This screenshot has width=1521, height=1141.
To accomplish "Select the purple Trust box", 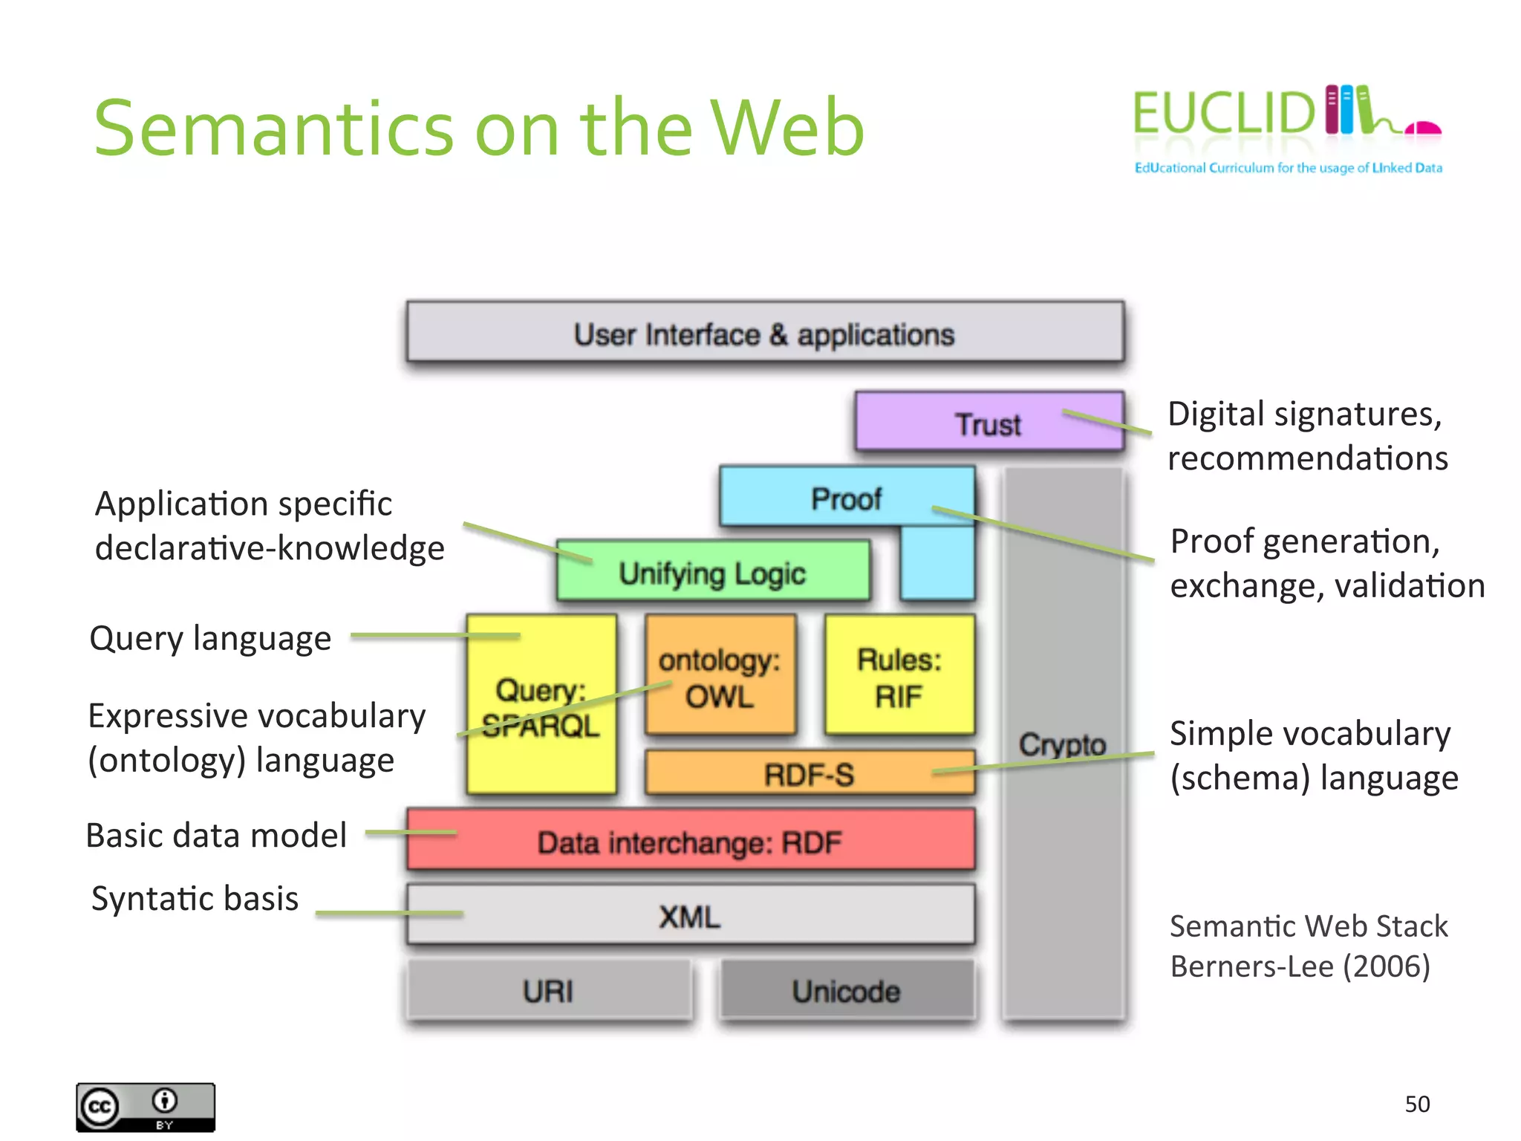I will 989,423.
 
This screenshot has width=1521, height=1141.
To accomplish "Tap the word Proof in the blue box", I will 846,498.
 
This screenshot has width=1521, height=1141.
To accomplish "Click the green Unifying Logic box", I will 713,572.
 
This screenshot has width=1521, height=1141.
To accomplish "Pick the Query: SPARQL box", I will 541,706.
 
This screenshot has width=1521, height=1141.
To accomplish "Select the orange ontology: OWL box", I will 720,677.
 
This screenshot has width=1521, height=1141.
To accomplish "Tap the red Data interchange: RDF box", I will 690,842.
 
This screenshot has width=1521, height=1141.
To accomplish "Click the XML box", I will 690,916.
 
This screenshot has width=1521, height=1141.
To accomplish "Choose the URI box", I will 549,991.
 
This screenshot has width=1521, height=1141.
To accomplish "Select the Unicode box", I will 846,991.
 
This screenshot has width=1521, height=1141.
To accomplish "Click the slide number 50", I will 1417,1104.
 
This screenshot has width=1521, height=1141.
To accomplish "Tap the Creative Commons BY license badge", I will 146,1107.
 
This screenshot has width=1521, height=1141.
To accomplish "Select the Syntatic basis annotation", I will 195,898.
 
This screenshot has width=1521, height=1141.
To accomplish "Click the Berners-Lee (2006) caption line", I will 1300,966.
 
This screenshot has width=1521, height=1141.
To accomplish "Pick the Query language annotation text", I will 210,638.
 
